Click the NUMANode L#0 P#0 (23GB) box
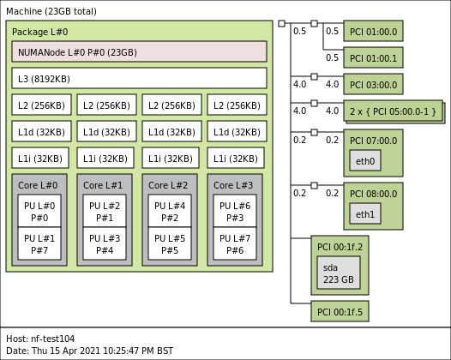pyautogui.click(x=139, y=51)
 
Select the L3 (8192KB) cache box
pyautogui.click(x=139, y=78)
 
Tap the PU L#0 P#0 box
pyautogui.click(x=39, y=211)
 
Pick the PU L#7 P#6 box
pyautogui.click(x=235, y=244)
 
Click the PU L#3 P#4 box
pyautogui.click(x=105, y=244)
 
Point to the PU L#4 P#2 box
pyautogui.click(x=170, y=211)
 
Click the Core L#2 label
pyautogui.click(x=168, y=185)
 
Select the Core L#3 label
pyautogui.click(x=233, y=185)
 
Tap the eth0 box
pyautogui.click(x=364, y=161)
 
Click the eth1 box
pyautogui.click(x=364, y=214)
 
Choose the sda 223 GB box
pyautogui.click(x=338, y=273)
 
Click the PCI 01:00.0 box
pyautogui.click(x=373, y=32)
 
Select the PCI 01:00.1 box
pyautogui.click(x=373, y=58)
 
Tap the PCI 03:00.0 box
pyautogui.click(x=373, y=85)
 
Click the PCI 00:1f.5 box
pyautogui.click(x=340, y=311)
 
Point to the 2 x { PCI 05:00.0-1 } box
pyautogui.click(x=393, y=111)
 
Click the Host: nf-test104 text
pyautogui.click(x=40, y=339)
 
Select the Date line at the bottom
pyautogui.click(x=89, y=351)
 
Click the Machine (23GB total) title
pyautogui.click(x=51, y=12)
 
